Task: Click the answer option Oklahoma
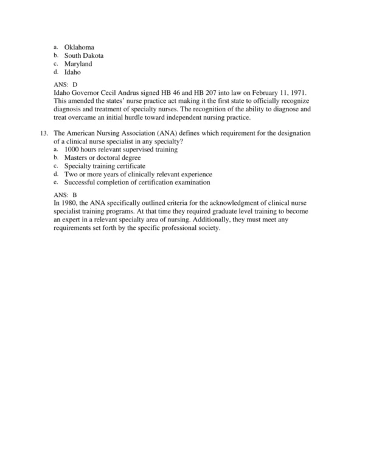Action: coord(78,47)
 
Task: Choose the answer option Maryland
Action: coord(78,64)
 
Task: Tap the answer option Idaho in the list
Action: coord(72,72)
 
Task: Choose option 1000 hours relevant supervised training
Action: coord(120,149)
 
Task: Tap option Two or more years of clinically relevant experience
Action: coord(137,174)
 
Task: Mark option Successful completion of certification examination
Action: coord(137,182)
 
